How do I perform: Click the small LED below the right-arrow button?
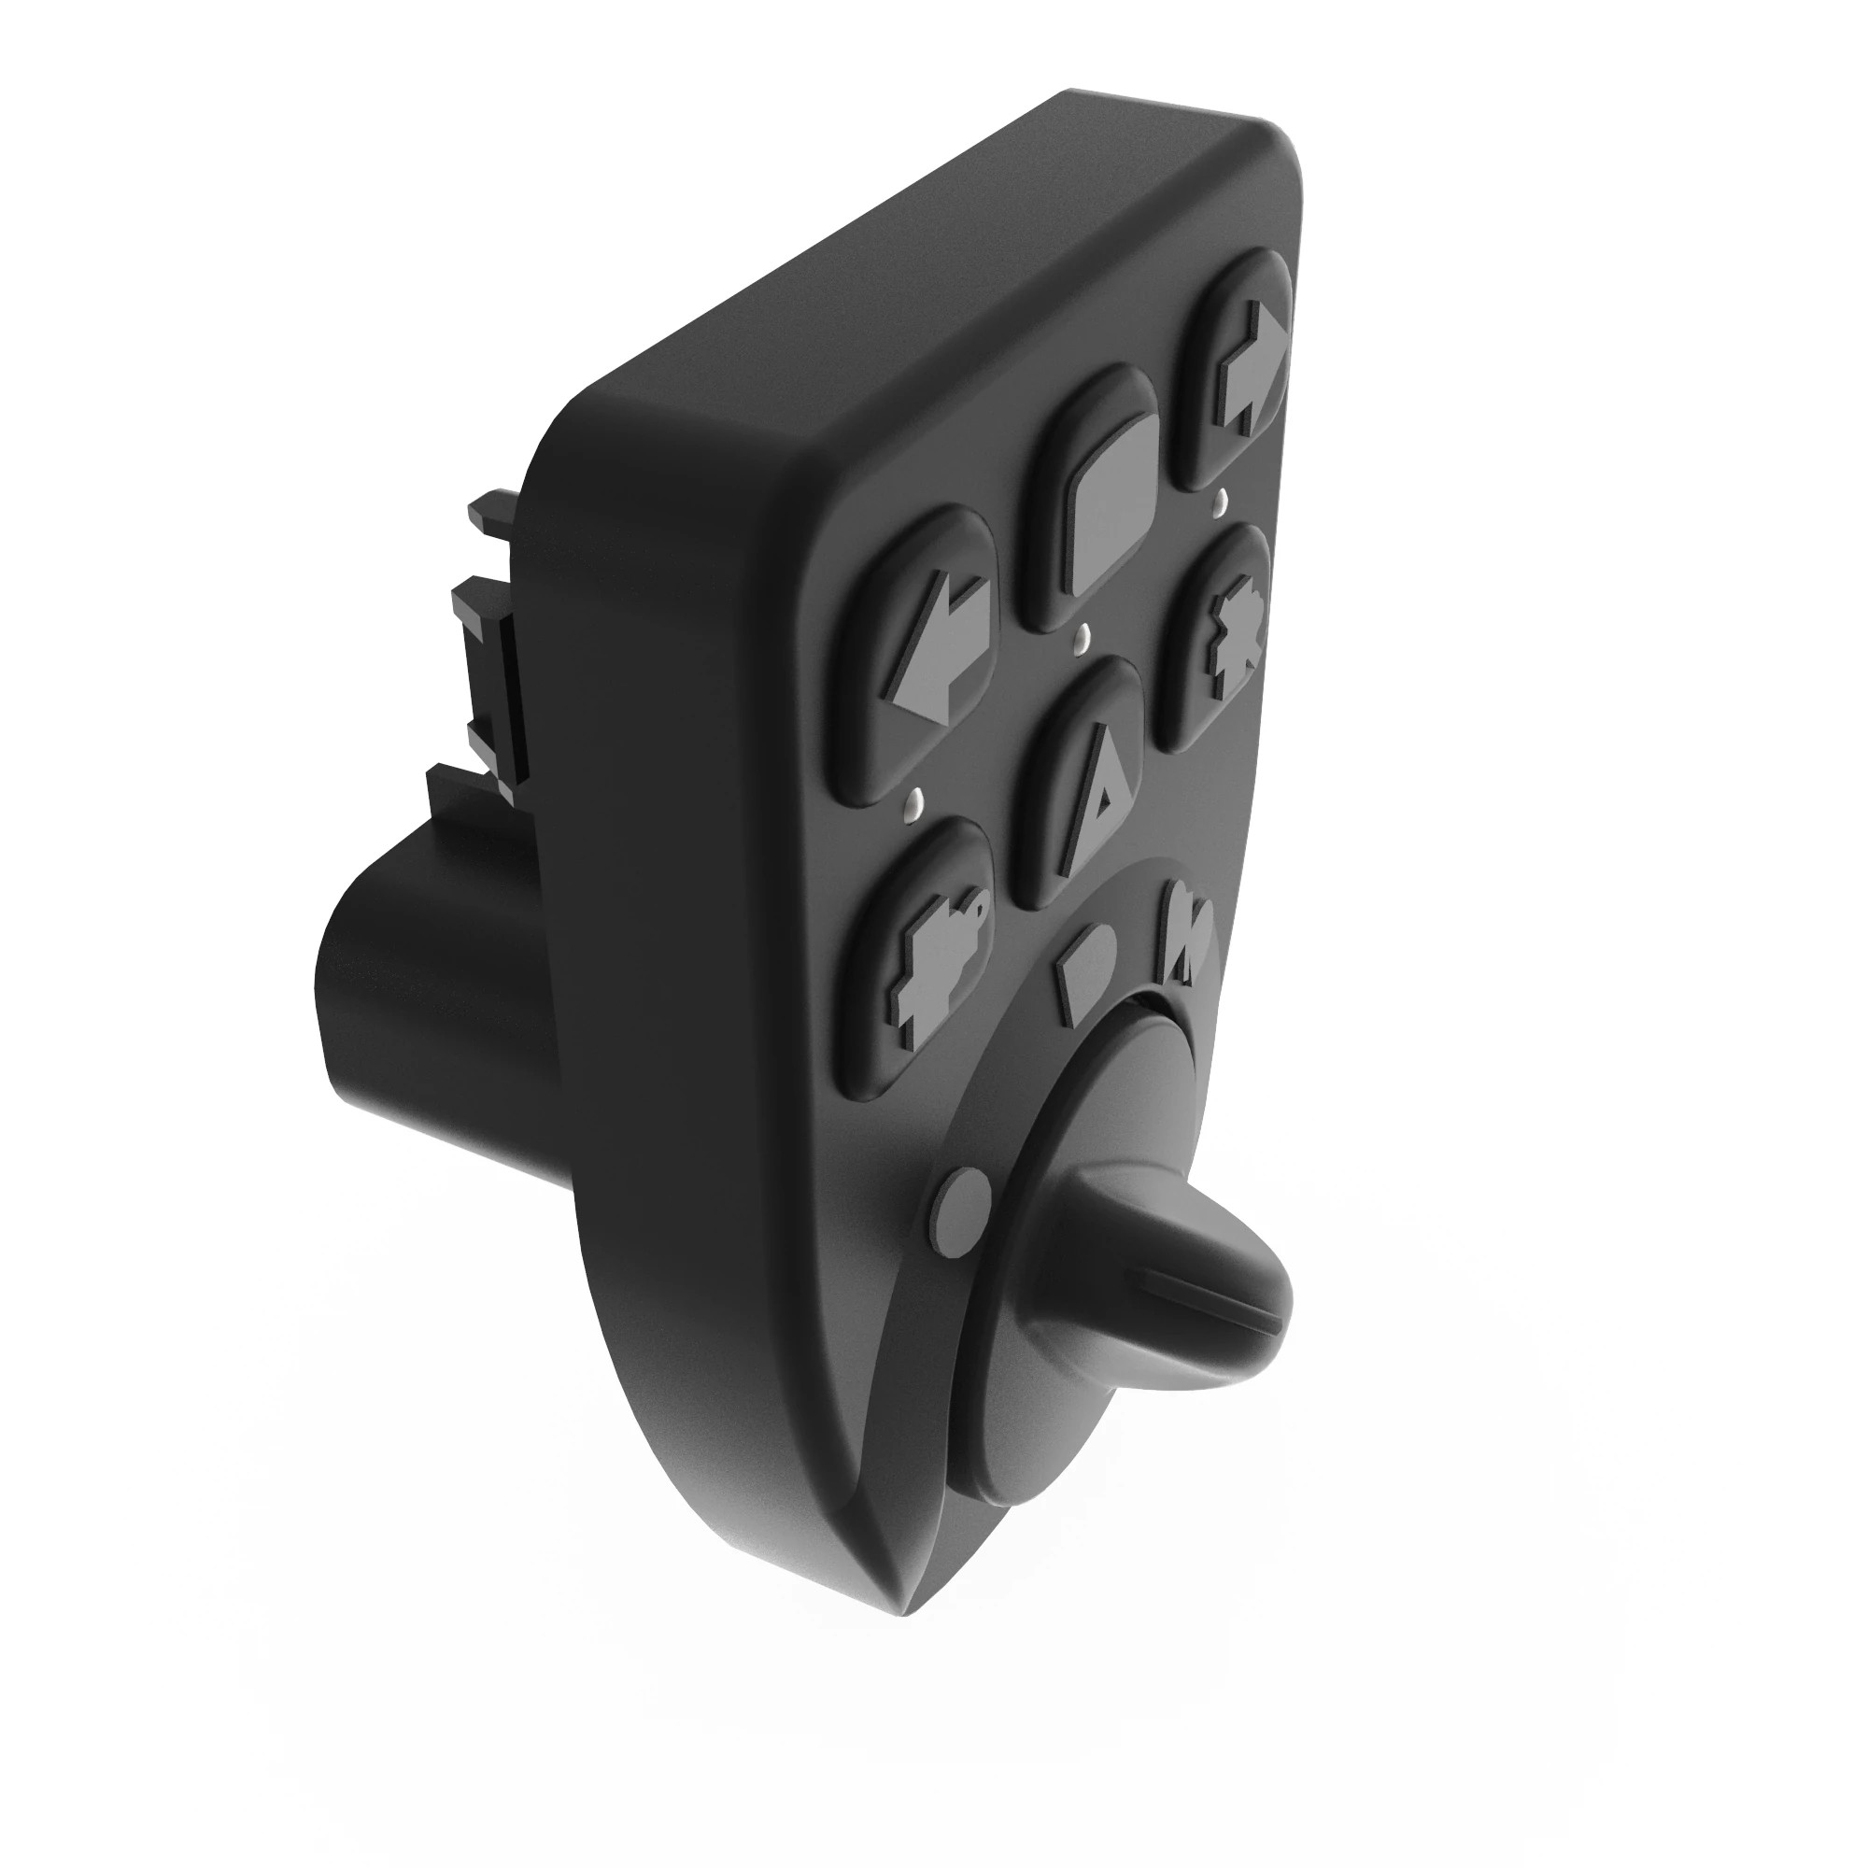click(1220, 500)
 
